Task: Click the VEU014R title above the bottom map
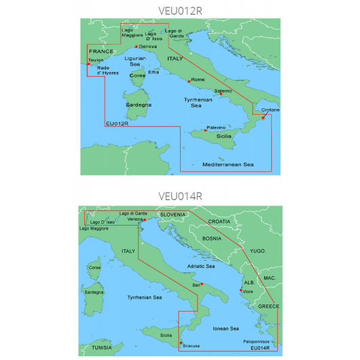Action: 179,197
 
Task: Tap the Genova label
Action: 147,46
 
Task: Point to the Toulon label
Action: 96,59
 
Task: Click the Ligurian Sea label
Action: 137,62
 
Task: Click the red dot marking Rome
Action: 188,80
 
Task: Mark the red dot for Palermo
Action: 205,130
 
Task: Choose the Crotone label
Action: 270,110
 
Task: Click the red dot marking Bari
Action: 202,284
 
